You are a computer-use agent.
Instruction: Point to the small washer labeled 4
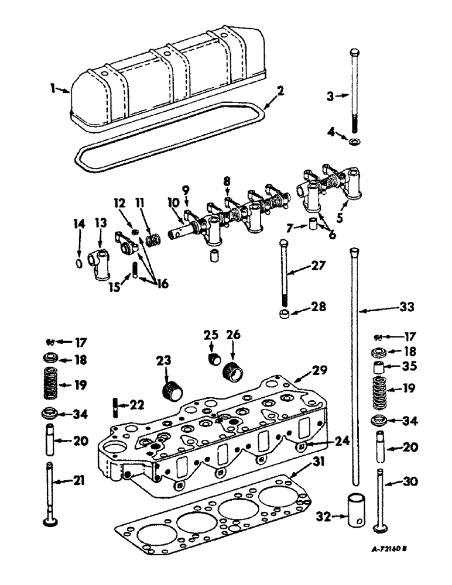click(x=355, y=142)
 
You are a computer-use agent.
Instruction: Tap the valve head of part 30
click(x=382, y=527)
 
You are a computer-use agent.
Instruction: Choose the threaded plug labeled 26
click(x=233, y=371)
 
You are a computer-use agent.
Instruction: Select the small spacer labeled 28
click(x=285, y=316)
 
